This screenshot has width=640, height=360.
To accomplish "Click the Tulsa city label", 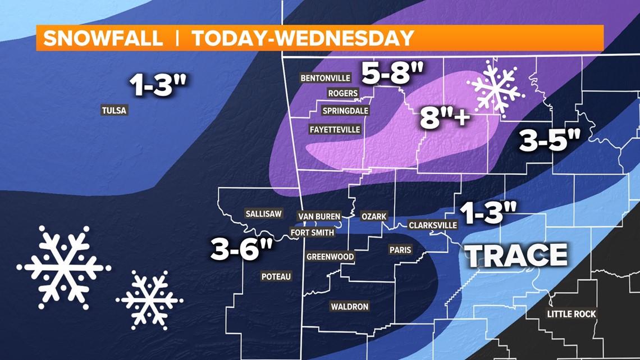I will [x=115, y=110].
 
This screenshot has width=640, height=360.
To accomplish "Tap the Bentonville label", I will [x=326, y=78].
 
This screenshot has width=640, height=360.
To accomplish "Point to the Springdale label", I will [x=345, y=111].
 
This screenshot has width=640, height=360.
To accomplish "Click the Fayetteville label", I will [x=335, y=129].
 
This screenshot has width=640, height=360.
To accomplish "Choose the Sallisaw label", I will [x=263, y=213].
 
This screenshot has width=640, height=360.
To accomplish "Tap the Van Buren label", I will [x=319, y=216].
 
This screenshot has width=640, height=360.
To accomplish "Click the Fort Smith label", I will [x=312, y=232].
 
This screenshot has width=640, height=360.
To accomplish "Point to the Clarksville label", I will [x=433, y=225].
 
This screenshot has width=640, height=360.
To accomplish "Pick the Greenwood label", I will [x=330, y=257].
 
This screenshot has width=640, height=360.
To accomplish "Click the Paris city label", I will [x=400, y=249].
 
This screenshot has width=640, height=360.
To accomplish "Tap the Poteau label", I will [x=276, y=276].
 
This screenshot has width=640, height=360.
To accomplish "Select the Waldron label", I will [x=349, y=306].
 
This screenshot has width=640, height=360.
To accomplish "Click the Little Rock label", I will [x=572, y=314].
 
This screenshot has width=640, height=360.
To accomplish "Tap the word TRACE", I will [x=518, y=256].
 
